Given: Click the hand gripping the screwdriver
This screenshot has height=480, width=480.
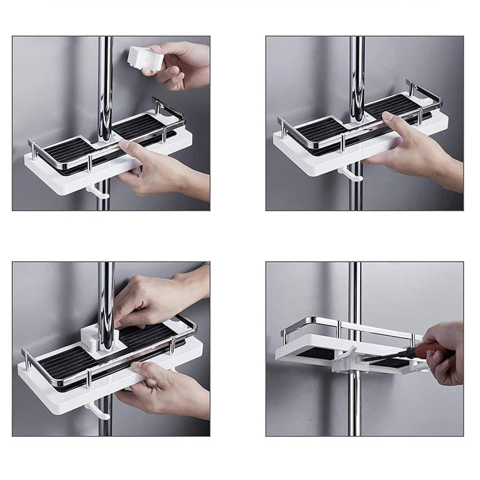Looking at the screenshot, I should [x=445, y=351].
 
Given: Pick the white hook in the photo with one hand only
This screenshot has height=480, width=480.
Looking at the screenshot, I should [x=351, y=175].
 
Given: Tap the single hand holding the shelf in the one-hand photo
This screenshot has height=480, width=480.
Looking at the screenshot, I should [x=414, y=150].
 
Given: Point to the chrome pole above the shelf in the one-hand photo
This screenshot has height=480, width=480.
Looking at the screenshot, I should [x=357, y=72].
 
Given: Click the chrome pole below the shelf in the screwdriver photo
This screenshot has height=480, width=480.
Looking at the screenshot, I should [x=355, y=402].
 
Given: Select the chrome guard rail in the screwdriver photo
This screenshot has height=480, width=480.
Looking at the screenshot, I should [x=348, y=325].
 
